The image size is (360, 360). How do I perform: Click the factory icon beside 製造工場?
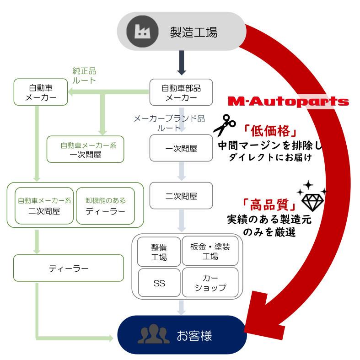[x=140, y=31]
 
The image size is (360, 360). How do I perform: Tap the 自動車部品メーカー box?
[x=181, y=92]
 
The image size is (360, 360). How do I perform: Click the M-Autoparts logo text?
[x=288, y=102]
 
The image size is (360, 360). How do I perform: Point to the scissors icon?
[x=224, y=124]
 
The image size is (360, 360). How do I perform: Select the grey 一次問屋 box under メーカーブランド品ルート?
[x=181, y=148]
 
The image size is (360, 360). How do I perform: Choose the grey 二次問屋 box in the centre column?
[x=181, y=196]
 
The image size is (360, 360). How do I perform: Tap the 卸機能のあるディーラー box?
[x=105, y=205]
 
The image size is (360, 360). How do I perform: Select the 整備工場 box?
[x=159, y=251]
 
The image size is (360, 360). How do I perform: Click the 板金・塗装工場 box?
[x=210, y=251]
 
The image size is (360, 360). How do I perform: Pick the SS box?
[x=159, y=283]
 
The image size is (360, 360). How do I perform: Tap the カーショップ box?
[x=210, y=283]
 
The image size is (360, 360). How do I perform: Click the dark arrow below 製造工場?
[x=181, y=64]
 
